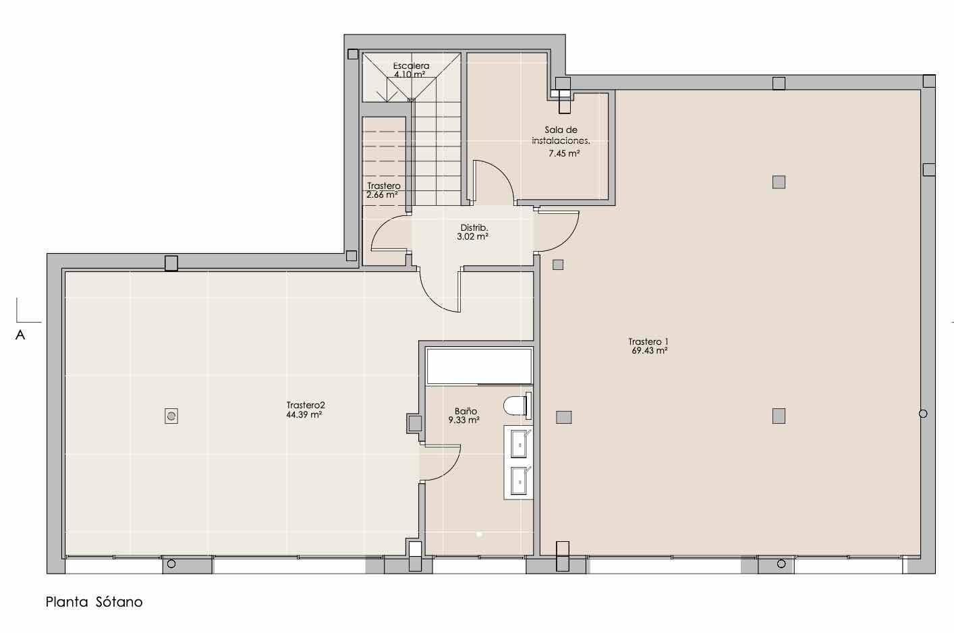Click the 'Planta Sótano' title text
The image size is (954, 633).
pos(94,602)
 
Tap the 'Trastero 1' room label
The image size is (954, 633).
pos(648,341)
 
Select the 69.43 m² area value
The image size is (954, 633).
pos(650,350)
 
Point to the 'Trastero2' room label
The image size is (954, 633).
pos(306,405)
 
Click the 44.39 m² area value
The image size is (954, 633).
pos(304,414)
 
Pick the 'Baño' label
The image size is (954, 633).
pos(466,411)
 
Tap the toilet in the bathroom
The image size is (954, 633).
pos(517,406)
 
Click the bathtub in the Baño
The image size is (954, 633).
pos(480,366)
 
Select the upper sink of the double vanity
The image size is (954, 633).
pos(519,443)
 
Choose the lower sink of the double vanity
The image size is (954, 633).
pos(519,480)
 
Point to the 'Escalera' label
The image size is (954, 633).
pos(411,66)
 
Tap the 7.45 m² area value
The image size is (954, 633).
pos(564,153)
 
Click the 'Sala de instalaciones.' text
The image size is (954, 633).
pos(561,135)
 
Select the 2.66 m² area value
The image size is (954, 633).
pos(382,195)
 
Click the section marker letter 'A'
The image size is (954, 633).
pos(20,335)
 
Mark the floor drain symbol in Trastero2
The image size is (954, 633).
pos(171,416)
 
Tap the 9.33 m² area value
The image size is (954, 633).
pos(464,420)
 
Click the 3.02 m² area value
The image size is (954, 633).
pos(472,237)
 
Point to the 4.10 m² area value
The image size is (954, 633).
pos(410,74)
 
